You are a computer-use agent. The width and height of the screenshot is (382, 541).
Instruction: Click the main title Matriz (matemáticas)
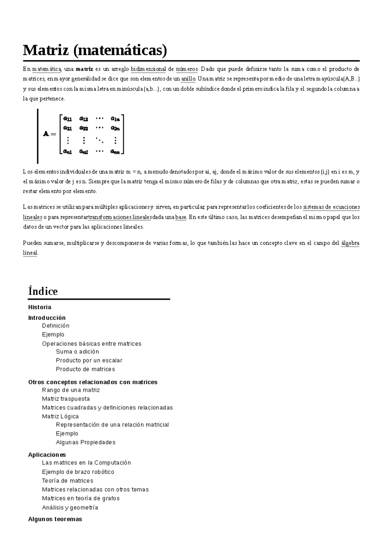[x=95, y=50]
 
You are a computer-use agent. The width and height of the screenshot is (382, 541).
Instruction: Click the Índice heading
[x=43, y=291]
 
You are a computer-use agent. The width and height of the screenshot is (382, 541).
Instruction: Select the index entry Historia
[x=40, y=307]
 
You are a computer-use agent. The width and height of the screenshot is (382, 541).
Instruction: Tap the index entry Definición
[x=56, y=326]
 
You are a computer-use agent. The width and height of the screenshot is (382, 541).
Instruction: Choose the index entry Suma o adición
[x=77, y=351]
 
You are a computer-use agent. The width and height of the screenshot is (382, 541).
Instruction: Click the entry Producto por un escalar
[x=89, y=360]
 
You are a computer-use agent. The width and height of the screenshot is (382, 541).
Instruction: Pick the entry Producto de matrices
[x=85, y=369]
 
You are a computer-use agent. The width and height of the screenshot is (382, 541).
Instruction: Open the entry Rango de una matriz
[x=71, y=390]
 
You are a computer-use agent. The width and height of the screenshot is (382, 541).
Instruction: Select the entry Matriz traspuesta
[x=66, y=399]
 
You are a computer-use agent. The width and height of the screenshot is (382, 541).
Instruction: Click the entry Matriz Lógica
[x=60, y=416]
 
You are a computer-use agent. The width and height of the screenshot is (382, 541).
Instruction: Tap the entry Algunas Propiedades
[x=86, y=442]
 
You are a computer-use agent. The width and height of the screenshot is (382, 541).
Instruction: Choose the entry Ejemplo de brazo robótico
[x=78, y=472]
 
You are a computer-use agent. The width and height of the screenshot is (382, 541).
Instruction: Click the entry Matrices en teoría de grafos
[x=81, y=498]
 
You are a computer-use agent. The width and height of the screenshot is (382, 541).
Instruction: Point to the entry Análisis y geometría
[x=70, y=508]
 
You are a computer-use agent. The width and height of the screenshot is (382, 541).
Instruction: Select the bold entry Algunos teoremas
[x=55, y=519]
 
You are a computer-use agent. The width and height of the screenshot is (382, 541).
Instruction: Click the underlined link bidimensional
[x=148, y=69]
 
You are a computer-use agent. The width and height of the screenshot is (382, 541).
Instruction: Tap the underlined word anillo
[x=187, y=79]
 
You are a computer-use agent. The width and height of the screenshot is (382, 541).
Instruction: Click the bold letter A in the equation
[x=46, y=134]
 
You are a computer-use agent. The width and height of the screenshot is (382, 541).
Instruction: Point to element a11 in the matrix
[x=67, y=119]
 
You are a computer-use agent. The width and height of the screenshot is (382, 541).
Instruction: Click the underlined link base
[x=180, y=217]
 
